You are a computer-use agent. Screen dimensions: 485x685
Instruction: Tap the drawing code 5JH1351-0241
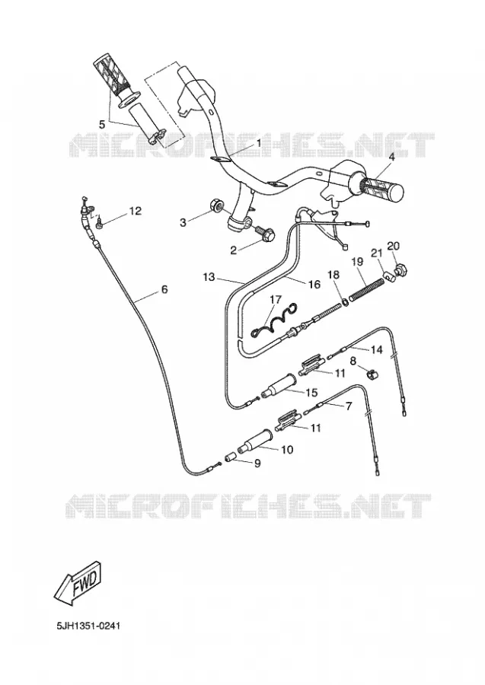point(88,626)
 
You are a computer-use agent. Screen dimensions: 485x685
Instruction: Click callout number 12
point(135,211)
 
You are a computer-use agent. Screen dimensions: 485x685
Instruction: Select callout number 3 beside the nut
point(183,222)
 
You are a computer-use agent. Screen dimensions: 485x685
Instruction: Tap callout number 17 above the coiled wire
point(276,300)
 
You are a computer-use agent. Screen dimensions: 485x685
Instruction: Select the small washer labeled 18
point(344,301)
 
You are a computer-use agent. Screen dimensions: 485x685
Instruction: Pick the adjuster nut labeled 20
point(400,271)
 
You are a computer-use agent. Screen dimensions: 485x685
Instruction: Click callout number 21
point(377,253)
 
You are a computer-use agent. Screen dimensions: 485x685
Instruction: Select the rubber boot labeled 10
point(255,441)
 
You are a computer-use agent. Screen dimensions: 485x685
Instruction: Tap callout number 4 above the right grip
point(391,157)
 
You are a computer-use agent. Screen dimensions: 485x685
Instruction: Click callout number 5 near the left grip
point(102,124)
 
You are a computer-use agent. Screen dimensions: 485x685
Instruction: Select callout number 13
point(209,276)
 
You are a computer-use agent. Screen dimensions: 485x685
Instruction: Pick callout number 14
point(376,349)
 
